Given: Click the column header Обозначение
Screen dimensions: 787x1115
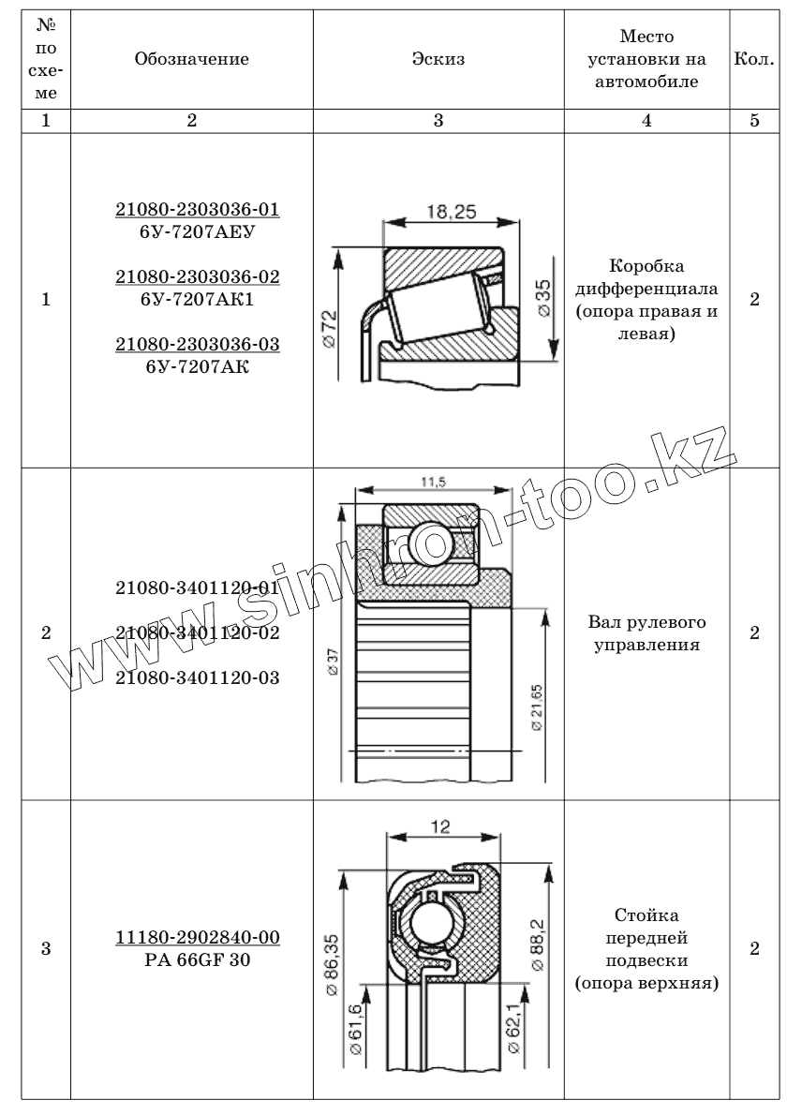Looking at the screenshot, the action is tap(192, 59).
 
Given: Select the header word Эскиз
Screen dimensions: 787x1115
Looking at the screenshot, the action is tap(438, 59).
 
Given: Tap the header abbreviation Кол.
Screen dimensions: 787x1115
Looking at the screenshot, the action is tap(754, 59).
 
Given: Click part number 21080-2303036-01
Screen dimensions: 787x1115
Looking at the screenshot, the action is tap(198, 209).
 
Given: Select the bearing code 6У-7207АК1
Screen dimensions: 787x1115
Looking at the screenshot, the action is tap(198, 300).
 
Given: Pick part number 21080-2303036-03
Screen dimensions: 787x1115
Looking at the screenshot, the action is tap(198, 344).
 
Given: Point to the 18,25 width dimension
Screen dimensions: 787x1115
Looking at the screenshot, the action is tap(452, 212).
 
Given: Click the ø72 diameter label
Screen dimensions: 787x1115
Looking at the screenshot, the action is tap(330, 329).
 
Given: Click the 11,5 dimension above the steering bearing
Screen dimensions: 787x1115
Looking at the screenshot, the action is tap(433, 483).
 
